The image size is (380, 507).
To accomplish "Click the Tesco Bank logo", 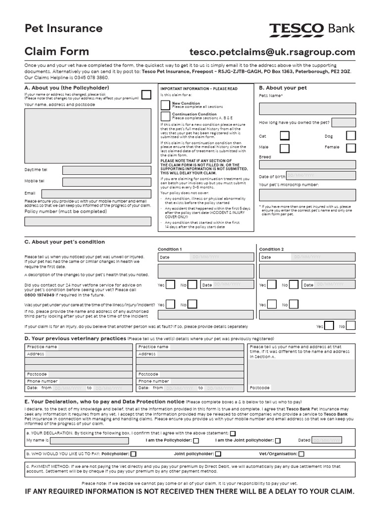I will (x=312, y=29).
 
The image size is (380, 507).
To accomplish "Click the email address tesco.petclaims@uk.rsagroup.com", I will (x=272, y=52).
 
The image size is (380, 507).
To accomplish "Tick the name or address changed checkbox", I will (x=146, y=95).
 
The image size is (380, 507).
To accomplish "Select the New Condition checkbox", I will (x=165, y=104).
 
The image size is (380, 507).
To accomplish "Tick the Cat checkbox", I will (x=285, y=135).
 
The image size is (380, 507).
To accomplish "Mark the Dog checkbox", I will (x=351, y=135).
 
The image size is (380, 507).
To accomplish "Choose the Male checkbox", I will (x=285, y=148).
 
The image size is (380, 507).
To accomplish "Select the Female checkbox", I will (x=351, y=148).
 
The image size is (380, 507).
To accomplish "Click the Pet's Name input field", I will (x=307, y=108).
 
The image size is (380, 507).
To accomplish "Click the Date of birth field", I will (x=320, y=175).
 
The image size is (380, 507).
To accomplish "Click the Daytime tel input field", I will (x=106, y=170).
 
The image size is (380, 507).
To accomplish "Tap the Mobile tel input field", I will (x=106, y=182).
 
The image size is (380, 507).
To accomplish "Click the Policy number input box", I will (x=88, y=221).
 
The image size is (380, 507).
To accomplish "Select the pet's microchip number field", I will (x=307, y=195).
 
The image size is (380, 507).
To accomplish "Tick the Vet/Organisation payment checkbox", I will (x=301, y=454).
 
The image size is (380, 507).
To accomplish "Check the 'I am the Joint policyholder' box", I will (x=278, y=440).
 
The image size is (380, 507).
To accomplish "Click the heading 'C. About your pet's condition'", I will (x=64, y=242).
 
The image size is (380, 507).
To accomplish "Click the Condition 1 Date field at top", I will (x=206, y=257).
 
